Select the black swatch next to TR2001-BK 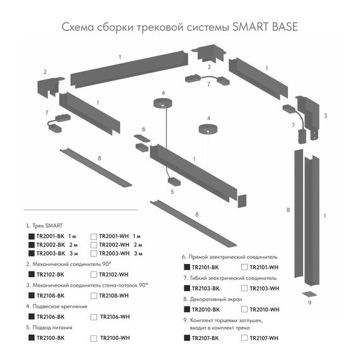[32, 236]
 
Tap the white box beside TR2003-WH [93, 253]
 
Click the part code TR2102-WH [115, 274]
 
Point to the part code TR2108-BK [51, 296]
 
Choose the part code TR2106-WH [115, 316]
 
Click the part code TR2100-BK [51, 338]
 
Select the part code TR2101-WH [264, 267]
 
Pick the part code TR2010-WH [264, 309]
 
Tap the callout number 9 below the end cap [310, 303]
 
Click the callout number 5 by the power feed [172, 190]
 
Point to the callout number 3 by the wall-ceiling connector [325, 116]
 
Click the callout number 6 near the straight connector [143, 129]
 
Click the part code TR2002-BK [51, 244]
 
